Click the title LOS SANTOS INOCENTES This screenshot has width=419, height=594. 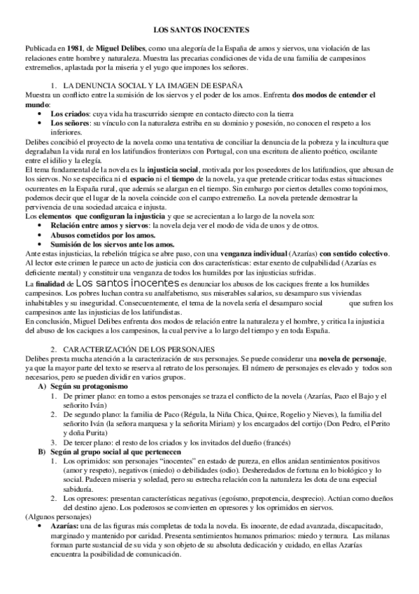[x=209, y=31]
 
